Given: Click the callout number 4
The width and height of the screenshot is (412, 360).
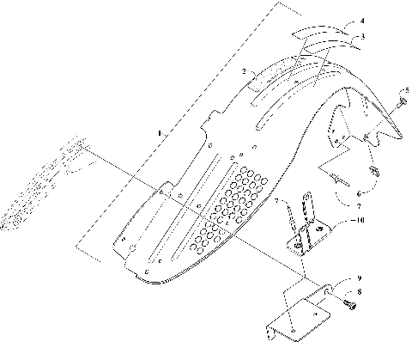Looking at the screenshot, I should [362, 20].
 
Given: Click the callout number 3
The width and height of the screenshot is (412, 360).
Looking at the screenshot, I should [362, 37].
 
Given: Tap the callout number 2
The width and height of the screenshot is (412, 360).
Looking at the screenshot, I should [245, 73].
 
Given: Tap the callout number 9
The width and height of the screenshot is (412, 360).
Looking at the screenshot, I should [360, 279].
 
